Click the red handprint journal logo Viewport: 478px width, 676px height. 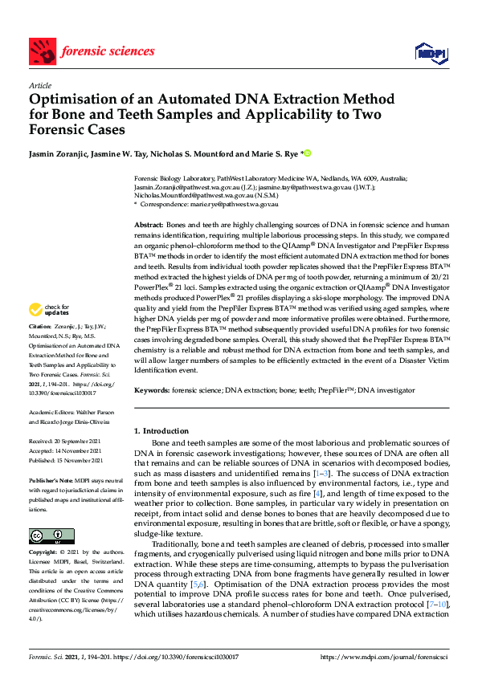tap(41, 52)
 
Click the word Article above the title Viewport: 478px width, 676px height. tap(39, 85)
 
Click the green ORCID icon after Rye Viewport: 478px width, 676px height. tap(306, 153)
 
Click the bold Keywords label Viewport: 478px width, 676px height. tap(152, 389)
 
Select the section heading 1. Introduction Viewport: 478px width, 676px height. tap(161, 431)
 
